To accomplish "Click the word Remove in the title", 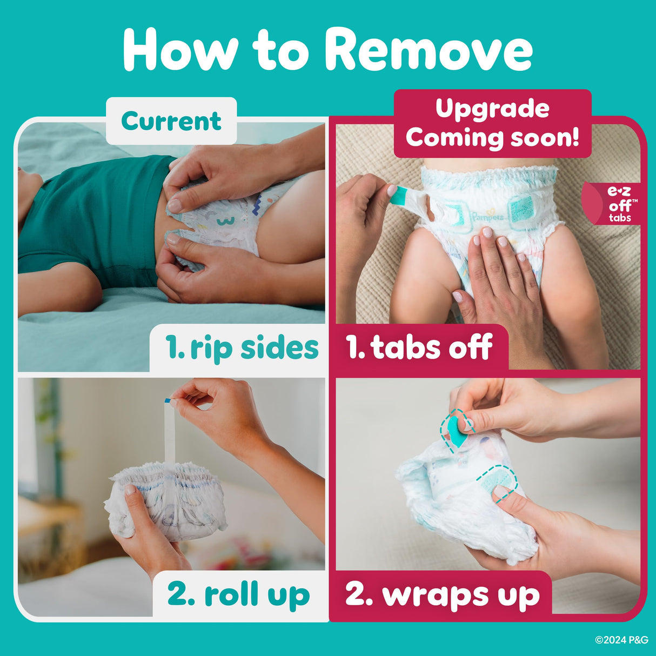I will coord(428,50).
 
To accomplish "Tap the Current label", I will coord(171,121).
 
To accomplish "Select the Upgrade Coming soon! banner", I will coord(492,123).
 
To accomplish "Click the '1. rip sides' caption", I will coord(242,347).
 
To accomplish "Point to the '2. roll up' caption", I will coord(238,594).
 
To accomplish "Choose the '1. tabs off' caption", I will coord(419,347).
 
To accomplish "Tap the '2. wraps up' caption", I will coord(442,594).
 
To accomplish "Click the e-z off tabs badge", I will coord(618,204).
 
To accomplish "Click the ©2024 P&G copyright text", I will coord(621,640).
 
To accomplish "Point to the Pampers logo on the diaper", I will coord(487,217).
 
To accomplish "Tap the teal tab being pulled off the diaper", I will coord(398,195).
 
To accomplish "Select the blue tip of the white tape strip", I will coord(168,400).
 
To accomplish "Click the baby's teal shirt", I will coord(97,216).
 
